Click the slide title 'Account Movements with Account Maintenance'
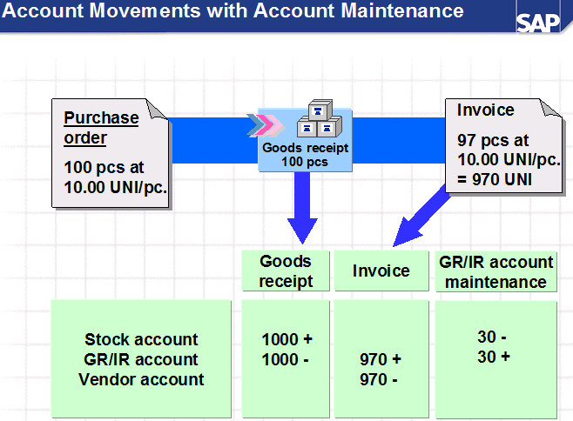(x=233, y=11)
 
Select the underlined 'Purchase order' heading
(x=101, y=128)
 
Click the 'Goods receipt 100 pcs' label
(x=305, y=155)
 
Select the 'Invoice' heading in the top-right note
(x=485, y=110)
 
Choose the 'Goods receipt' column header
(x=285, y=271)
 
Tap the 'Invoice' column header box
(x=381, y=271)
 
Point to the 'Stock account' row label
(x=141, y=339)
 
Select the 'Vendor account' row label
(x=141, y=379)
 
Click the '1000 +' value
(x=286, y=339)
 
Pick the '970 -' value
(x=381, y=379)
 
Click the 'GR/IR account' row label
(x=141, y=359)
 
